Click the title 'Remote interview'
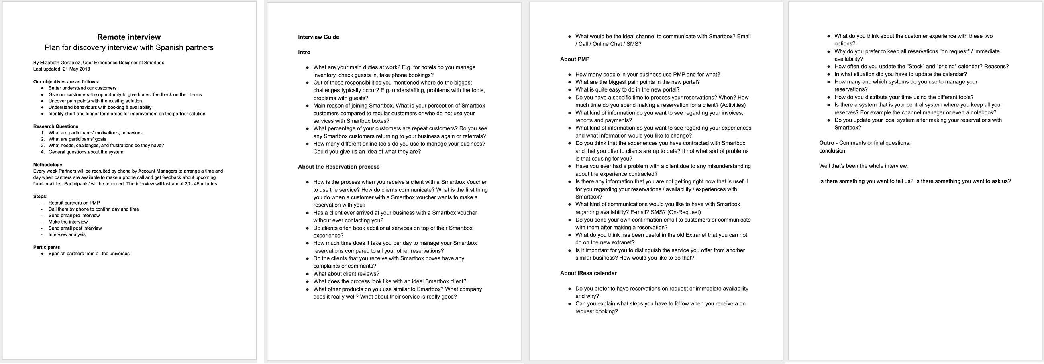click(x=129, y=37)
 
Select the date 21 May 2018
click(x=76, y=69)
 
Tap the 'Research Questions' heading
click(x=55, y=126)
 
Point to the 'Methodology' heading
click(x=47, y=165)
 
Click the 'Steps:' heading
click(x=40, y=196)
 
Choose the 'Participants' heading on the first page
click(x=46, y=247)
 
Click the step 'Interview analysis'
click(x=67, y=234)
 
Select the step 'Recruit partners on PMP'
click(x=74, y=203)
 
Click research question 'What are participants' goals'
click(x=77, y=139)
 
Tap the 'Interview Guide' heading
click(x=318, y=37)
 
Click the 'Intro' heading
click(x=304, y=52)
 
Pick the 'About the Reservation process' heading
click(x=338, y=167)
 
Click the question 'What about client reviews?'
click(x=346, y=274)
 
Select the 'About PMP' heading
click(x=574, y=59)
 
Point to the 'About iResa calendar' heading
click(x=588, y=273)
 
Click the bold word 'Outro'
click(x=826, y=143)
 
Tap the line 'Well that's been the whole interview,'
click(x=863, y=166)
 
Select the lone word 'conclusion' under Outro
click(x=832, y=150)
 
